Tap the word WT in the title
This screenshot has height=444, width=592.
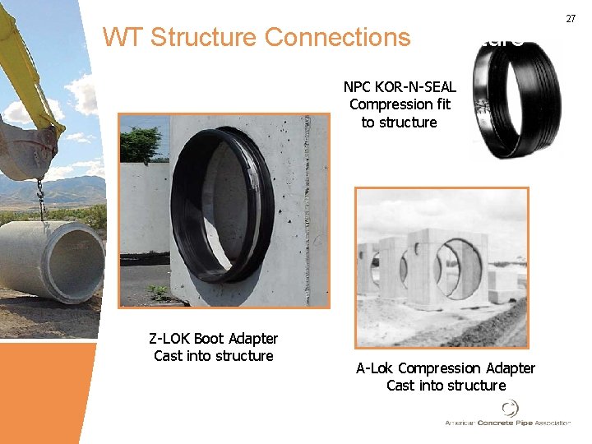click(x=123, y=38)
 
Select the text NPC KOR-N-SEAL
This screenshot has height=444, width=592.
click(x=400, y=86)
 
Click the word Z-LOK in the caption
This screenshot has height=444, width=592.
click(x=169, y=339)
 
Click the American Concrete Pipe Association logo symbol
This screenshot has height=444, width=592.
click(x=510, y=408)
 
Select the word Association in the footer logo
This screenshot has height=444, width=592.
click(x=553, y=423)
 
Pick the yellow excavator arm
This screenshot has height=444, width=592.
click(x=25, y=66)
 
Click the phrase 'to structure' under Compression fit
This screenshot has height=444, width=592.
click(x=400, y=123)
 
